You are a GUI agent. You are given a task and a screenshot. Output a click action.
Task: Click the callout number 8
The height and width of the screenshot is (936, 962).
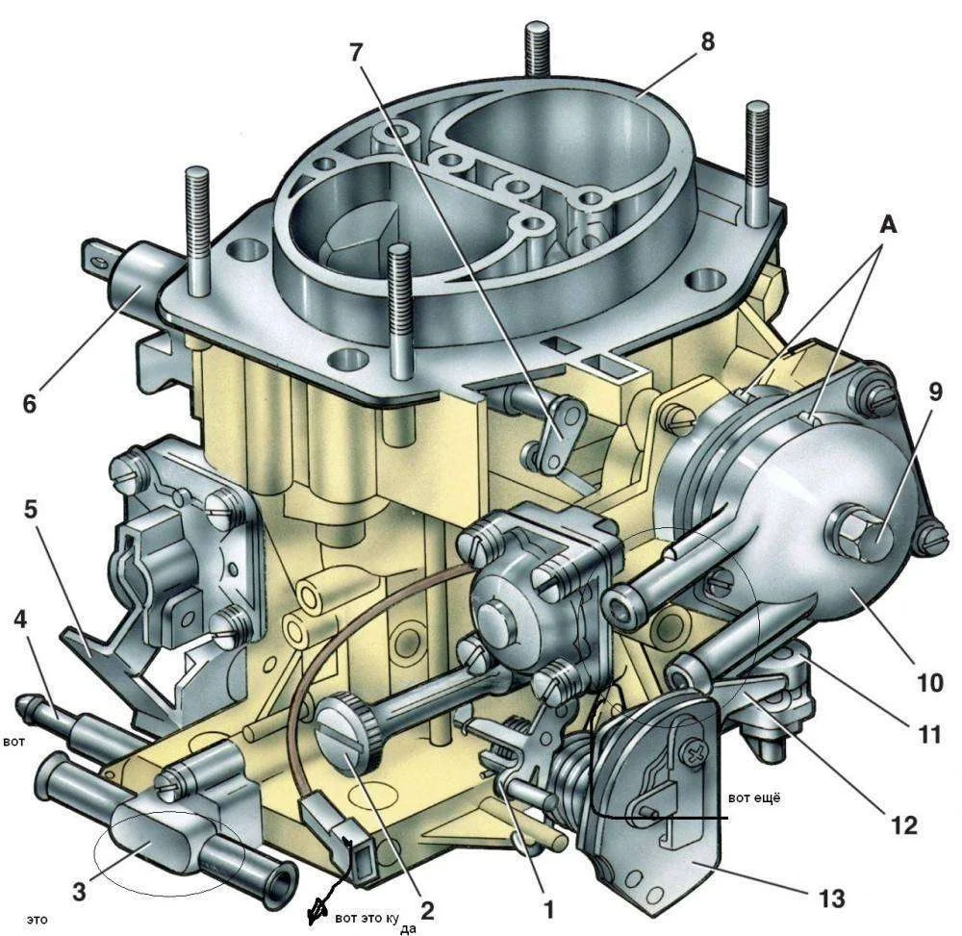coord(707,41)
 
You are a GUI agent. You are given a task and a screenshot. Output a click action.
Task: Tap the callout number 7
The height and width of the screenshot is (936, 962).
coord(357,53)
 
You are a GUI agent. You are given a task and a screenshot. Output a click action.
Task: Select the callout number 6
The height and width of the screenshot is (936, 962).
coord(30,404)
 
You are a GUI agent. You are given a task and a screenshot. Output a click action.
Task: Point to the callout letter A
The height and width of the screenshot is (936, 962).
coord(888,226)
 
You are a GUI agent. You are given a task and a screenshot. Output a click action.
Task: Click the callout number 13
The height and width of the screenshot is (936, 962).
coord(832,899)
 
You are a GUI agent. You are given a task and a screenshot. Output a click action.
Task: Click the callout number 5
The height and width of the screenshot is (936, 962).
coord(31,510)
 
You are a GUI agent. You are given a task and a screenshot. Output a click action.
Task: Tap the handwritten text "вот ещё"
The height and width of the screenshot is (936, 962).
coord(754,798)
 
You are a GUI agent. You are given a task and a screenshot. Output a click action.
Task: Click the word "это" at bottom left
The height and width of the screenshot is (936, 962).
coord(38,920)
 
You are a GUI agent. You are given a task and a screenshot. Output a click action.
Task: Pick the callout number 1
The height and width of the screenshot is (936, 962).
coord(549,910)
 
